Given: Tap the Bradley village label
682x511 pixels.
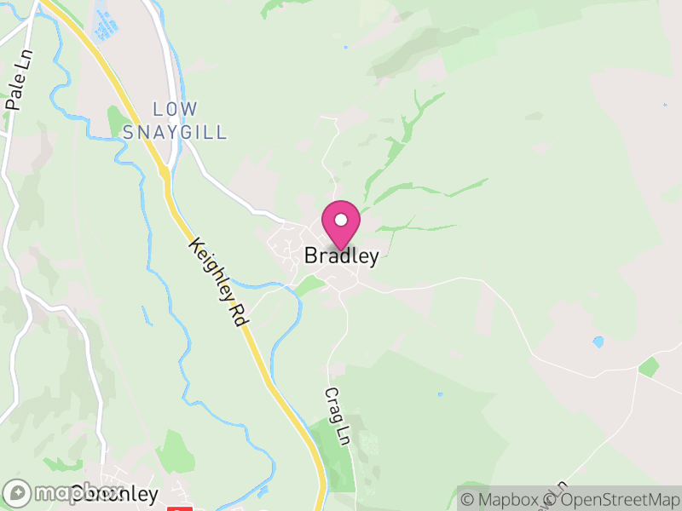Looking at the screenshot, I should tap(341, 256).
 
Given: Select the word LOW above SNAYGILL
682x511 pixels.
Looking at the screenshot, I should tap(175, 109).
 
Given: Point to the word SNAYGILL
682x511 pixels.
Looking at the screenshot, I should tap(175, 132).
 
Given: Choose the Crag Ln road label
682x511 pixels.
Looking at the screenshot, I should tap(338, 416).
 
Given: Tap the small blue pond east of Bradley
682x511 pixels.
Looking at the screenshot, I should tap(598, 342).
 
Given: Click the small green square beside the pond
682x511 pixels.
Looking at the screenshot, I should tap(649, 367).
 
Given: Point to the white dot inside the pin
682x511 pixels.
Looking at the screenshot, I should tap(340, 220).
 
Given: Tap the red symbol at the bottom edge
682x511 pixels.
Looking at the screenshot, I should tap(177, 508).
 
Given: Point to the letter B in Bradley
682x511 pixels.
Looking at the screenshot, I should tap(311, 256).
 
